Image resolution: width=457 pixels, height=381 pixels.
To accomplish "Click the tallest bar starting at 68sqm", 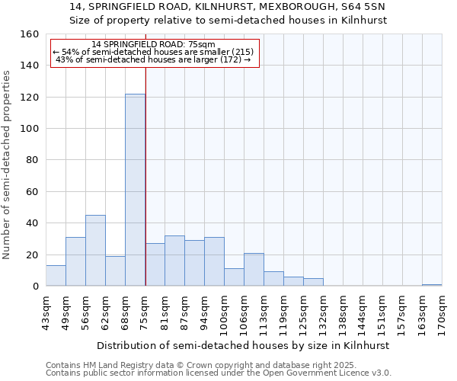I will tap(135, 190).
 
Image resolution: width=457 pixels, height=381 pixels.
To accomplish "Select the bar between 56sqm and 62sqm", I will tap(95, 251).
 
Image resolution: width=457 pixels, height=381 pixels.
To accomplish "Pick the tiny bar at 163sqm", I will tap(432, 285).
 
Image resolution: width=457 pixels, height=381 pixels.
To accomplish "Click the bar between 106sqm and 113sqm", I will tap(254, 270).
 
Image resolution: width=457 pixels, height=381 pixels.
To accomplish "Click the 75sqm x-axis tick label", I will tap(145, 312).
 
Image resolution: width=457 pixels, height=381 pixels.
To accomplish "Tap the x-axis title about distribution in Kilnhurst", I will tap(244, 345).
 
